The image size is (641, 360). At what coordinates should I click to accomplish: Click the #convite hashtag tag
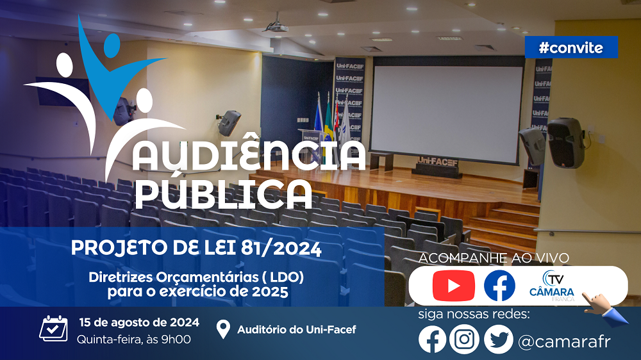(x=571, y=47)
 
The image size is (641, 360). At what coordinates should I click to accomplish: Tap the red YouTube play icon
(x=453, y=286)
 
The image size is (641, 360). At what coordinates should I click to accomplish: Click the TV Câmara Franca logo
(x=552, y=286)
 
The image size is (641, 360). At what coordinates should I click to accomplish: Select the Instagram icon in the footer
(x=464, y=339)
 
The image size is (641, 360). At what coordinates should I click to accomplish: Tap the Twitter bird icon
(x=498, y=339)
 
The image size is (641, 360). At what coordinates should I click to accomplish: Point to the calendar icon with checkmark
(x=54, y=329)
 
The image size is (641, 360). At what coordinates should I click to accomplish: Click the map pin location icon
(x=223, y=329)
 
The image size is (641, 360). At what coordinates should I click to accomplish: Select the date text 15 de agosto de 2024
(x=139, y=322)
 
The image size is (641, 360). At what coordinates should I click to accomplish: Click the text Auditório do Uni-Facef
(x=296, y=329)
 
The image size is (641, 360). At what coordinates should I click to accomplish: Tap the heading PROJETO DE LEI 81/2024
(x=196, y=248)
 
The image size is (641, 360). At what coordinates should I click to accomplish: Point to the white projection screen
(x=447, y=109)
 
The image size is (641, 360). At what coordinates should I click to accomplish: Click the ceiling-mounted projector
(x=276, y=27)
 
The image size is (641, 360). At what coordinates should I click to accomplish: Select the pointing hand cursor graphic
(x=605, y=309)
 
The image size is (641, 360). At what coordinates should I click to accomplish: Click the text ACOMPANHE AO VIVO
(x=494, y=258)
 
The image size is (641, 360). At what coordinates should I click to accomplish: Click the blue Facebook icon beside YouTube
(x=499, y=286)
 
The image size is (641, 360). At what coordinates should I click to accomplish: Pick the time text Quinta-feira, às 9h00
(x=134, y=340)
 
